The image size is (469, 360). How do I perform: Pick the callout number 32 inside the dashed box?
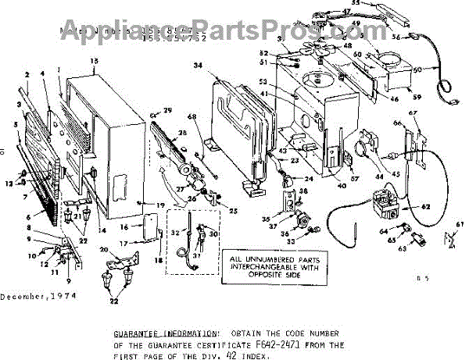click(176, 232)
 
